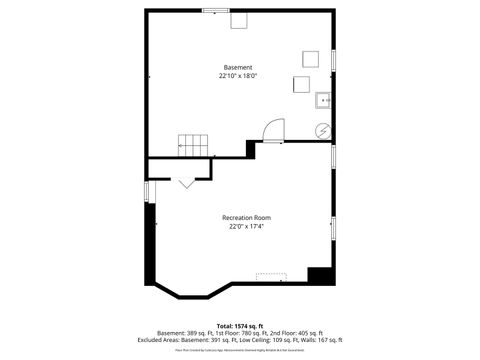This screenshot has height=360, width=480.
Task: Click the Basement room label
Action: (x=237, y=67)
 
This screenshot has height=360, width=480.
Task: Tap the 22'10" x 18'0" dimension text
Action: (x=237, y=75)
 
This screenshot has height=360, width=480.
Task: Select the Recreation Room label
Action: (x=246, y=217)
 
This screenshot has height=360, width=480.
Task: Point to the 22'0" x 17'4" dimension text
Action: (x=246, y=226)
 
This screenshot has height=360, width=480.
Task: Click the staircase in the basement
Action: (x=194, y=145)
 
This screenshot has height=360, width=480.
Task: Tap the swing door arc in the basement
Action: (x=273, y=129)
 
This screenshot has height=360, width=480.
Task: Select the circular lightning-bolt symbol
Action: (x=323, y=129)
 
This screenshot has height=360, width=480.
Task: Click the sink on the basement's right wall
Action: (x=324, y=100)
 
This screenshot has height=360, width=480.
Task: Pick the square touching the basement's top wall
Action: (x=240, y=22)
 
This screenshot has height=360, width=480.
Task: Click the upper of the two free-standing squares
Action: (x=311, y=58)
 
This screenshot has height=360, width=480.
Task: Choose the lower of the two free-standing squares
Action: (x=302, y=84)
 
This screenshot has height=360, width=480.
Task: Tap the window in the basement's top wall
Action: (x=215, y=11)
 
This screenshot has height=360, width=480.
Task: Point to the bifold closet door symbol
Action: (x=187, y=182)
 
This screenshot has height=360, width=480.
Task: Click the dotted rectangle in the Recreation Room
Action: (x=271, y=275)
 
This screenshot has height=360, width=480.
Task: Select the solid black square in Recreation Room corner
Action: (x=319, y=275)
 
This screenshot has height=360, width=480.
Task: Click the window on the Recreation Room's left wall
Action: (x=147, y=191)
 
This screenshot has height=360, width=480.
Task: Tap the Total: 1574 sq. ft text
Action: (x=239, y=326)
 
